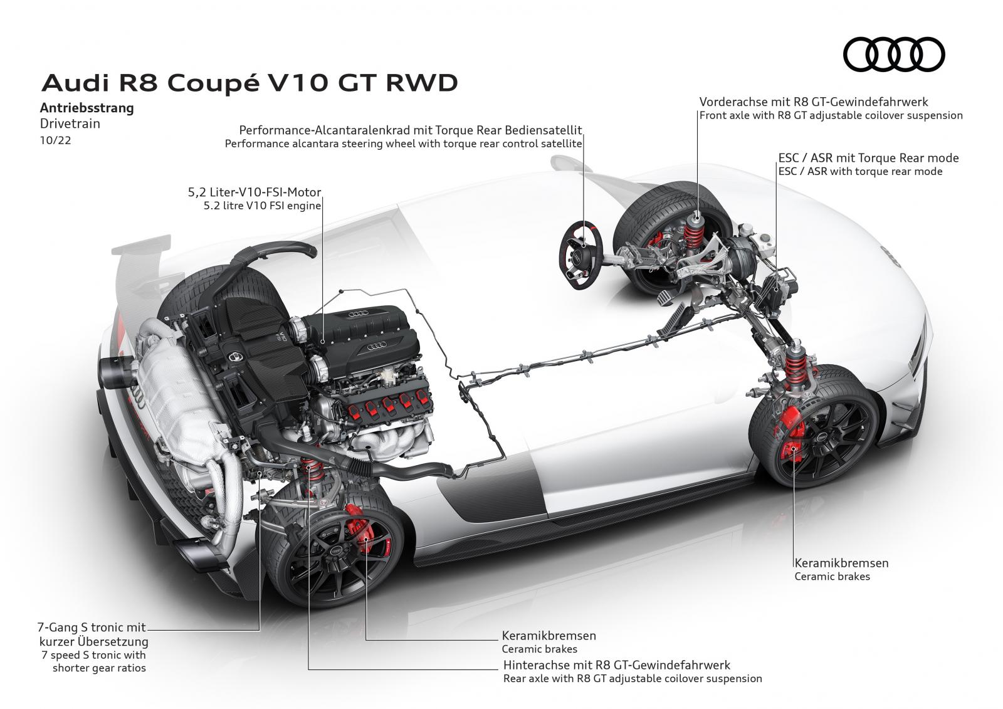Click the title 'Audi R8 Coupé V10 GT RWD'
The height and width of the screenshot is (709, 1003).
coord(249,83)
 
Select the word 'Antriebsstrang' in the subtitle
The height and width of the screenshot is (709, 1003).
coord(87,108)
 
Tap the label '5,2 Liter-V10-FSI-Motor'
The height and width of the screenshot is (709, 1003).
coord(258,192)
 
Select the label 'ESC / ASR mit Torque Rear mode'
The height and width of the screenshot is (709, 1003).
coord(868,158)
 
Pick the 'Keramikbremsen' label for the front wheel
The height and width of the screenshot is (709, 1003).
coord(841,563)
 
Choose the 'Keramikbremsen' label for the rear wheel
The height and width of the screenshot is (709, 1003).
coord(549,636)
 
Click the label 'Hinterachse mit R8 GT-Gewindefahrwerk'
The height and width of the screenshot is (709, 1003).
coord(616,665)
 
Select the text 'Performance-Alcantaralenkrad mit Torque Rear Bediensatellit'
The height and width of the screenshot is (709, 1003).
coord(411,130)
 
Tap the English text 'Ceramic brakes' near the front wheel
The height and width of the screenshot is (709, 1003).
coord(832,577)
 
